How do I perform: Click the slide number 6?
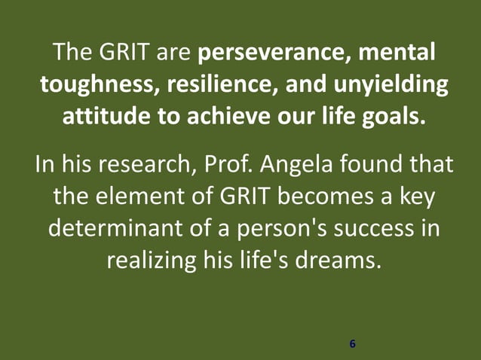[x=352, y=344]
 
